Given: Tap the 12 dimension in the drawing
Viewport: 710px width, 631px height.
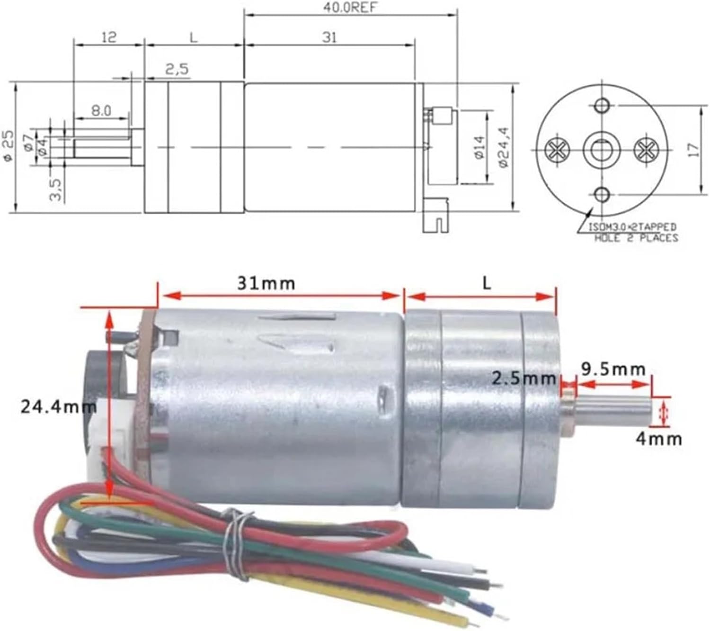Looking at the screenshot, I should click(x=109, y=37).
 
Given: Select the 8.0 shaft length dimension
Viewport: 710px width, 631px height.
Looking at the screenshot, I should click(x=101, y=111).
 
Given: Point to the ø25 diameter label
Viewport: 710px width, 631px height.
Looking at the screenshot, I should click(x=9, y=146).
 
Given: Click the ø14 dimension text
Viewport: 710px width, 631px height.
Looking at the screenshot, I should click(x=479, y=147).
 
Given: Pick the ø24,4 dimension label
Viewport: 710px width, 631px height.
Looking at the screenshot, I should click(x=503, y=147).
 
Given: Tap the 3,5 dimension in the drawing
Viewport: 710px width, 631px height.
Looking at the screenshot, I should click(x=56, y=189).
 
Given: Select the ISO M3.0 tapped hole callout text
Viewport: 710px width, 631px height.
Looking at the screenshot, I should click(x=632, y=232).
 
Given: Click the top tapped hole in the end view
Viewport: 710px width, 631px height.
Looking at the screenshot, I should click(x=602, y=105).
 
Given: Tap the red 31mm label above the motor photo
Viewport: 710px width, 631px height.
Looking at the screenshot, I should click(x=266, y=283).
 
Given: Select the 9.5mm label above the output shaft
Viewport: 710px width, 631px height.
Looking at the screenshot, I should click(x=613, y=370).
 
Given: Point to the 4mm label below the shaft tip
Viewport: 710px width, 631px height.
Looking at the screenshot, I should click(x=658, y=439).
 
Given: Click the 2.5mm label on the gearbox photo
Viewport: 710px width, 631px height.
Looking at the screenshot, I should click(x=524, y=379).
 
